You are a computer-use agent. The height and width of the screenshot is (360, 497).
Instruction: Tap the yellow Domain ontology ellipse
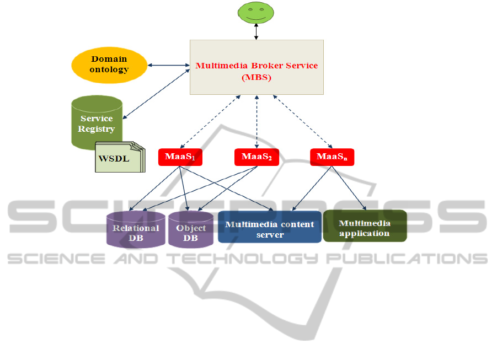[109, 65]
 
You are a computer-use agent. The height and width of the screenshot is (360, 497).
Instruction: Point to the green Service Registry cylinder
[97, 122]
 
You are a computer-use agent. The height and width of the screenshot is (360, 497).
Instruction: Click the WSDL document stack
[120, 157]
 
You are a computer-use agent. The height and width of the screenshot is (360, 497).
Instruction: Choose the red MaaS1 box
[180, 157]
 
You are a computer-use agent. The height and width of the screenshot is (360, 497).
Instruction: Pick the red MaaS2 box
[256, 157]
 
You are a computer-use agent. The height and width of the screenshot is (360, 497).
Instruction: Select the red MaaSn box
[332, 157]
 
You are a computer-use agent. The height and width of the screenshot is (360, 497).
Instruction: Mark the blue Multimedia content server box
[269, 227]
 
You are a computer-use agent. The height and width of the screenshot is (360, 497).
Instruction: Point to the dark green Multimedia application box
[364, 226]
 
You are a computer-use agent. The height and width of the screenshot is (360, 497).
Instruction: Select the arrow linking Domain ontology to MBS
[168, 66]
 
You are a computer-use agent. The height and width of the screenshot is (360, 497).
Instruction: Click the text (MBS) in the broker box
[256, 78]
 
